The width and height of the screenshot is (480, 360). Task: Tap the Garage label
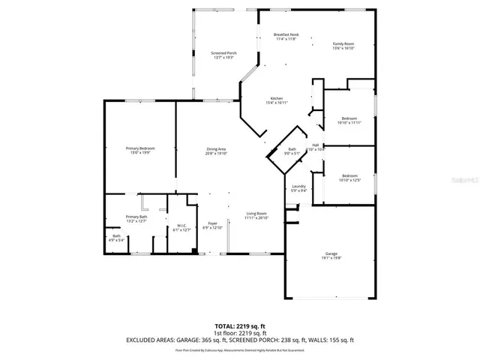[x=331, y=256]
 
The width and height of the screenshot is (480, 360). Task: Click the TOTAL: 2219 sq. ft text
[x=239, y=326]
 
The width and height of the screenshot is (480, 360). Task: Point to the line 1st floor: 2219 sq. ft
[x=239, y=333]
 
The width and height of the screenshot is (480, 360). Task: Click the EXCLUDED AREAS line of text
[x=239, y=340]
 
